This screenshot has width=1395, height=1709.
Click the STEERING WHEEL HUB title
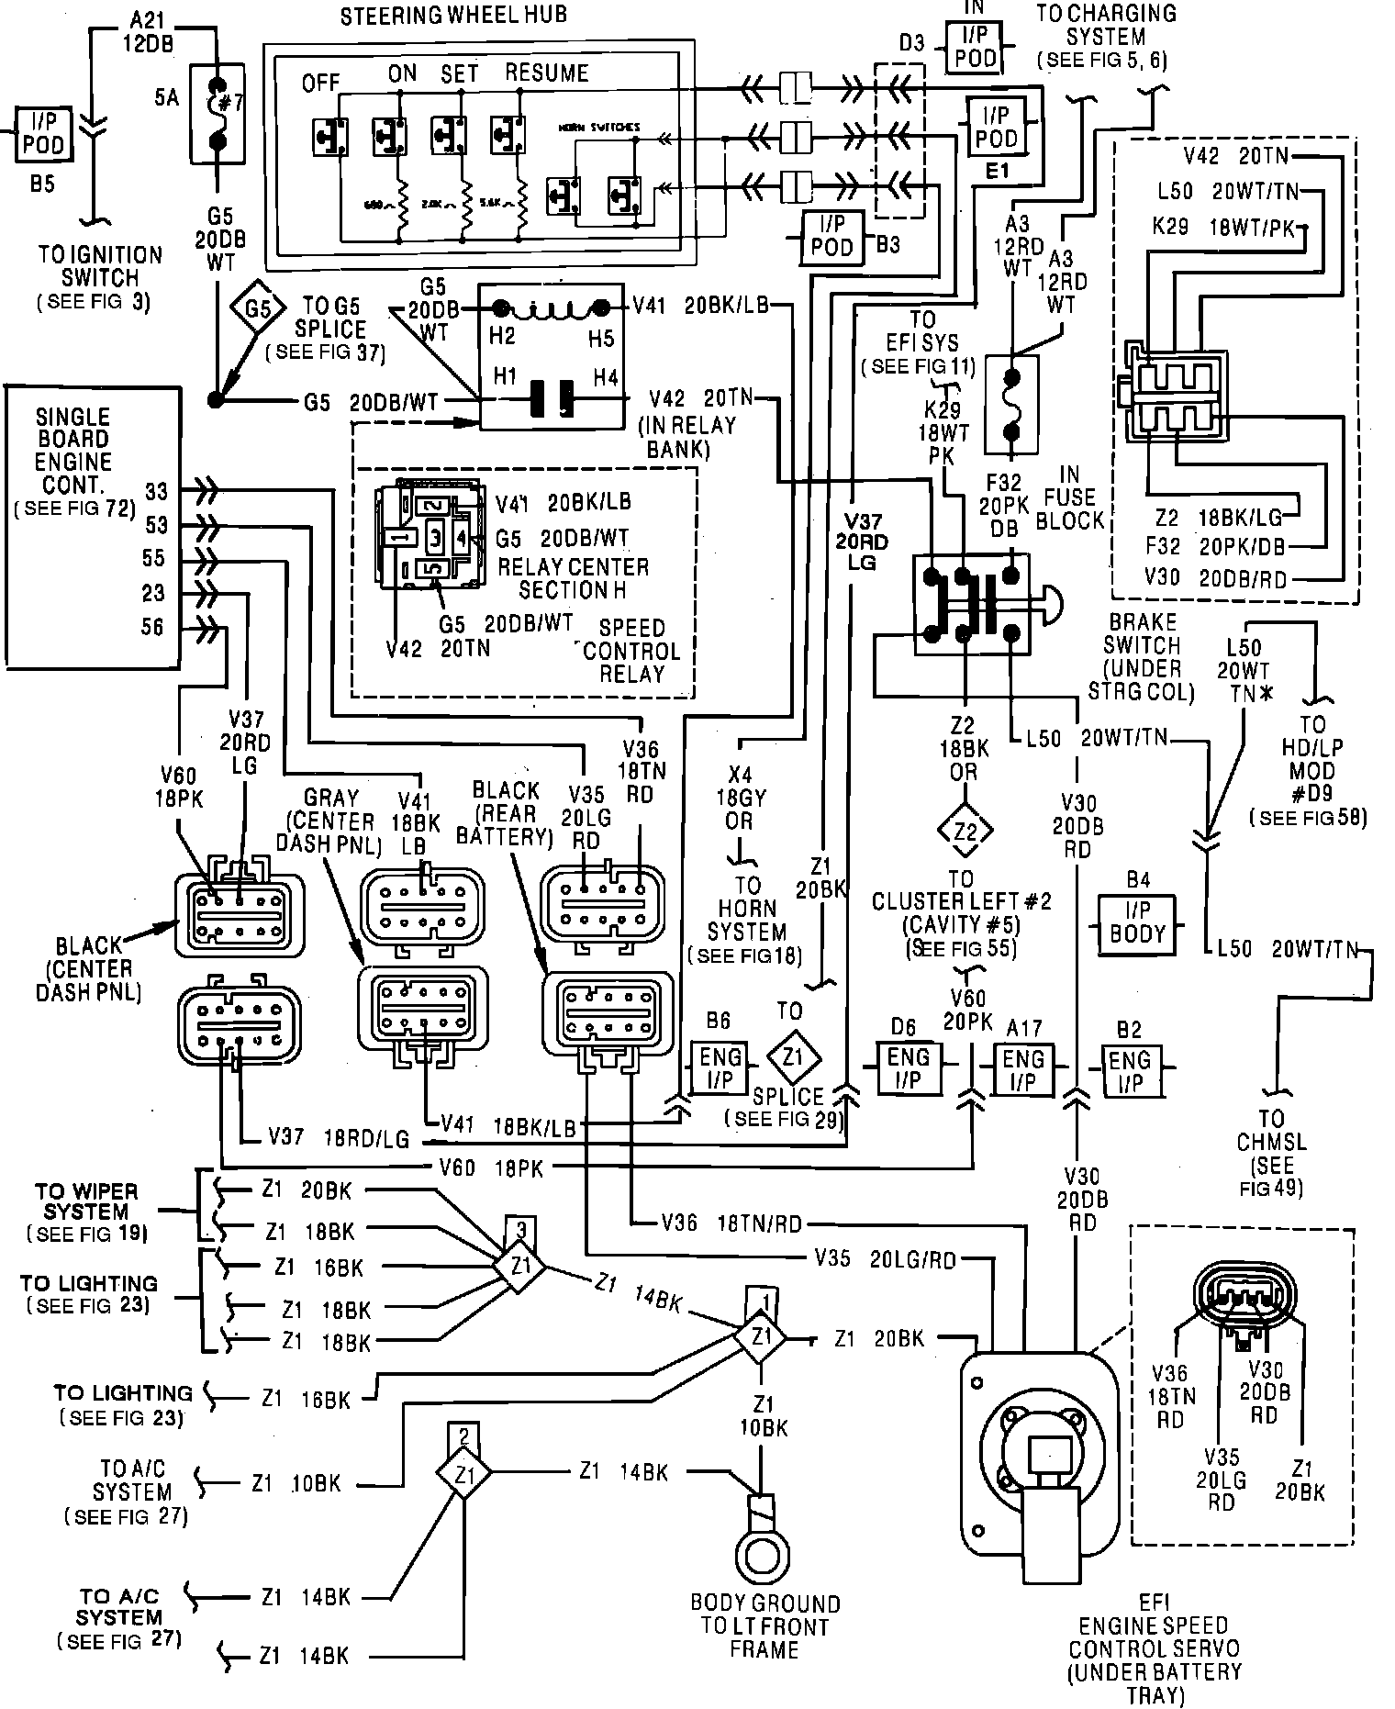[x=453, y=16]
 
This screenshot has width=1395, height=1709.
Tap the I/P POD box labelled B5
[x=43, y=133]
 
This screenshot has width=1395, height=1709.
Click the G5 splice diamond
[x=259, y=310]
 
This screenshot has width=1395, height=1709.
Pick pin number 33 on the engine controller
[x=157, y=492]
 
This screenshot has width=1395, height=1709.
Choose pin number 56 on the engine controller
[x=153, y=627]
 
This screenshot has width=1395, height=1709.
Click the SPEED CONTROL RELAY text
[x=631, y=651]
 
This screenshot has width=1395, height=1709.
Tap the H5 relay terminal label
[x=601, y=337]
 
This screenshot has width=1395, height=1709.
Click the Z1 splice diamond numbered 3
[x=520, y=1268]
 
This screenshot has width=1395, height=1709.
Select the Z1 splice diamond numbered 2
[x=464, y=1474]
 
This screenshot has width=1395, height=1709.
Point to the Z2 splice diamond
[x=964, y=832]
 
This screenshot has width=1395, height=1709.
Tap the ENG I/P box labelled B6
[x=720, y=1068]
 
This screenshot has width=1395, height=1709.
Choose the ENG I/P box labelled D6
[x=908, y=1068]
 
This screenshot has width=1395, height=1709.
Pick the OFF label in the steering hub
[x=322, y=84]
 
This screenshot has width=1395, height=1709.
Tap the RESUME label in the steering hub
[x=547, y=73]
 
